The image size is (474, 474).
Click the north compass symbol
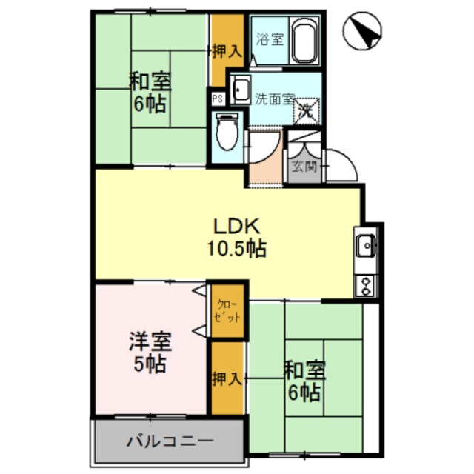(363, 33)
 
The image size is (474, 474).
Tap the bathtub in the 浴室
(304, 41)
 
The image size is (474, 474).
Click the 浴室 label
(269, 40)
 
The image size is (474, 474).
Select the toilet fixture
(227, 134)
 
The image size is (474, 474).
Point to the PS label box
(218, 98)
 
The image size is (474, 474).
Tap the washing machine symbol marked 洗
(306, 112)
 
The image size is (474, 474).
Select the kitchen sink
(366, 246)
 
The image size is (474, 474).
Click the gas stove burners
(366, 285)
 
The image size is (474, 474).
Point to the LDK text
(236, 225)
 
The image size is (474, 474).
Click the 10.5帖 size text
(237, 248)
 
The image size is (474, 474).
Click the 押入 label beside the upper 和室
(226, 52)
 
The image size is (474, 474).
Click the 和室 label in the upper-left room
(148, 80)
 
